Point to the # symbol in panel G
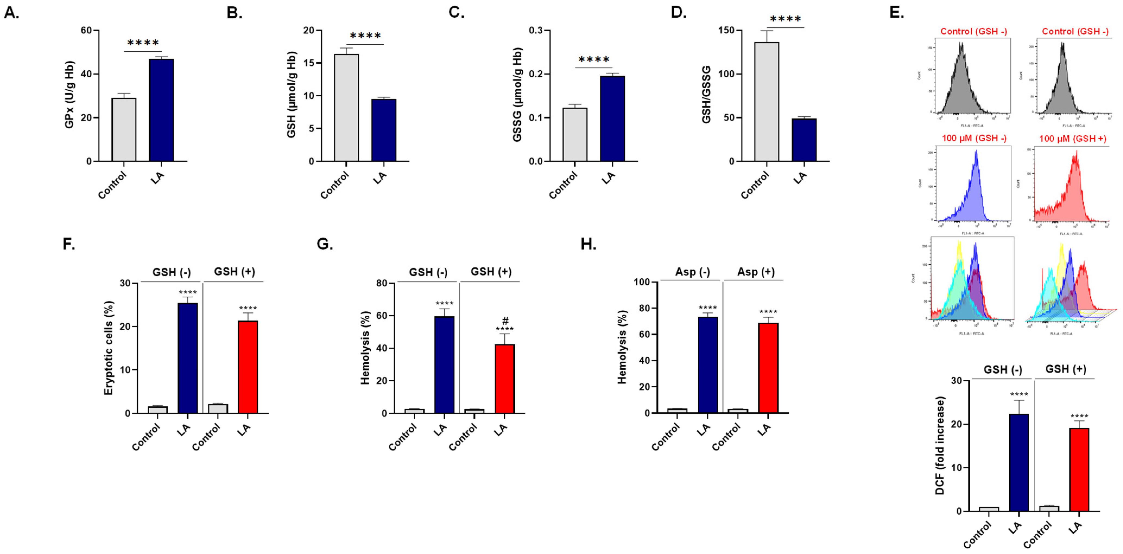(505, 321)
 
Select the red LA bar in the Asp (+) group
(768, 368)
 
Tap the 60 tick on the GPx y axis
(86, 30)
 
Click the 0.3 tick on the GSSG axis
(536, 30)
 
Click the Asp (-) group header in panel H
(692, 272)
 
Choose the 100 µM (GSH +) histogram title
(1073, 139)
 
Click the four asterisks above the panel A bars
(143, 43)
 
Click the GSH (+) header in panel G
(491, 272)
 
